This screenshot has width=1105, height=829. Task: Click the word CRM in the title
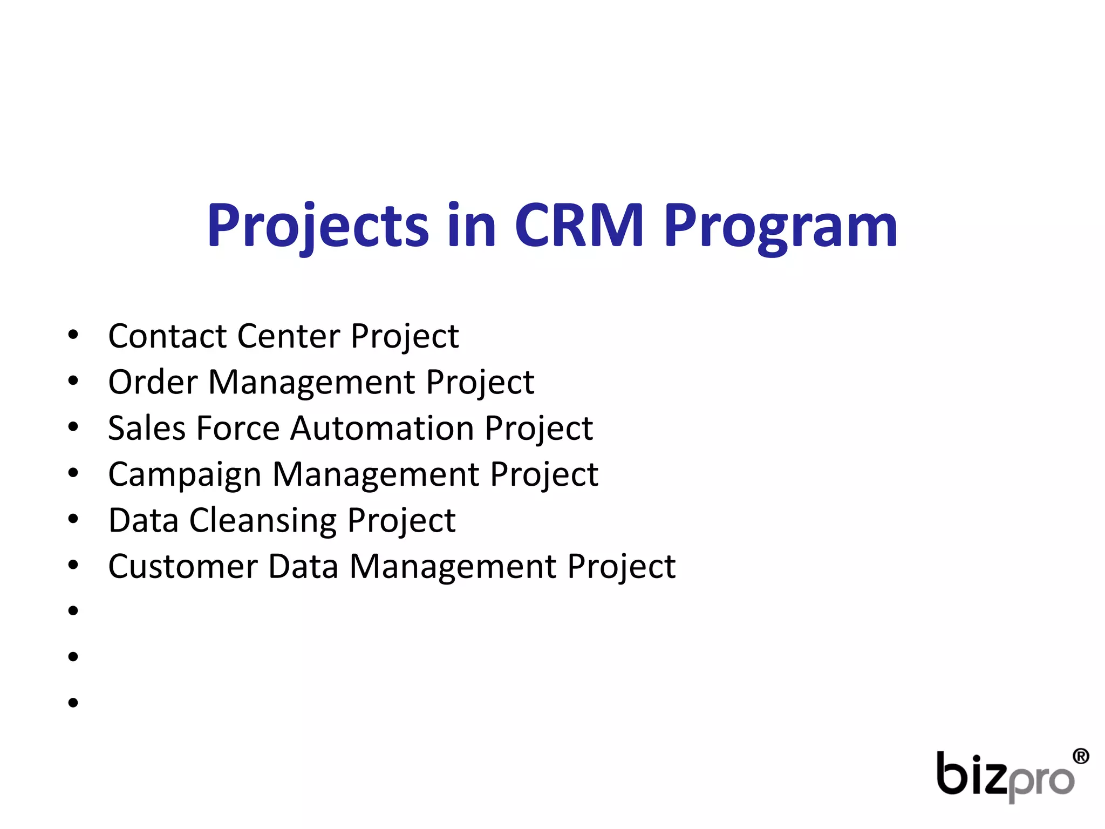(579, 226)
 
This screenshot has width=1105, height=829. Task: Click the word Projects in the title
(318, 226)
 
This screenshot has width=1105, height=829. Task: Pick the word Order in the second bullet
(153, 382)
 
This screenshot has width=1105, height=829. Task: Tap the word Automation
(383, 428)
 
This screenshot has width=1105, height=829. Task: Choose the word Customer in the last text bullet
(183, 566)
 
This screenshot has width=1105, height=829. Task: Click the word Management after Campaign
(376, 474)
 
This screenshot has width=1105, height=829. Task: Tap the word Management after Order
(312, 382)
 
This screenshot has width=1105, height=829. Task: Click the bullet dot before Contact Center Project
(73, 335)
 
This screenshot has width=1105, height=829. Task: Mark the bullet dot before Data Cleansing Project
(73, 519)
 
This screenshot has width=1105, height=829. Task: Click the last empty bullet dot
(73, 703)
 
